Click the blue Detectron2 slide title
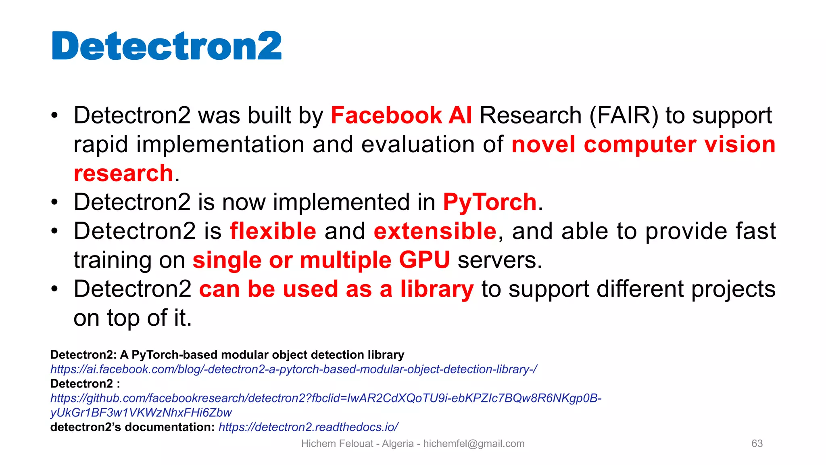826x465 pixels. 167,46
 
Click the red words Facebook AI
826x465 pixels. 401,115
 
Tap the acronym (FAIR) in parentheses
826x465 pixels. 624,115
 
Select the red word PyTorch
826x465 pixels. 490,202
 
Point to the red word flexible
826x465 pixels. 273,231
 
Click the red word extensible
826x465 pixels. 435,231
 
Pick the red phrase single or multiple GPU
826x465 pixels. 321,260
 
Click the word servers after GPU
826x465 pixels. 500,260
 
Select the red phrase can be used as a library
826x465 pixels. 336,289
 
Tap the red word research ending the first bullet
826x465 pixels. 123,173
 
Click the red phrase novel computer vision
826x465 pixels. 643,145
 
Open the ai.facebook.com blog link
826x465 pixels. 294,369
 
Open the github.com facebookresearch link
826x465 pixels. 325,398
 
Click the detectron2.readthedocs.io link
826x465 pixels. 308,427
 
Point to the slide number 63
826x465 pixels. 757,444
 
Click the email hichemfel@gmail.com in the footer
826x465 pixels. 473,444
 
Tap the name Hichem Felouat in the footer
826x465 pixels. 337,444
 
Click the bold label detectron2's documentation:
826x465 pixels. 132,427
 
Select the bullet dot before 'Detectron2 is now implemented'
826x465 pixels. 55,202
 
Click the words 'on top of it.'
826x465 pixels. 132,318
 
